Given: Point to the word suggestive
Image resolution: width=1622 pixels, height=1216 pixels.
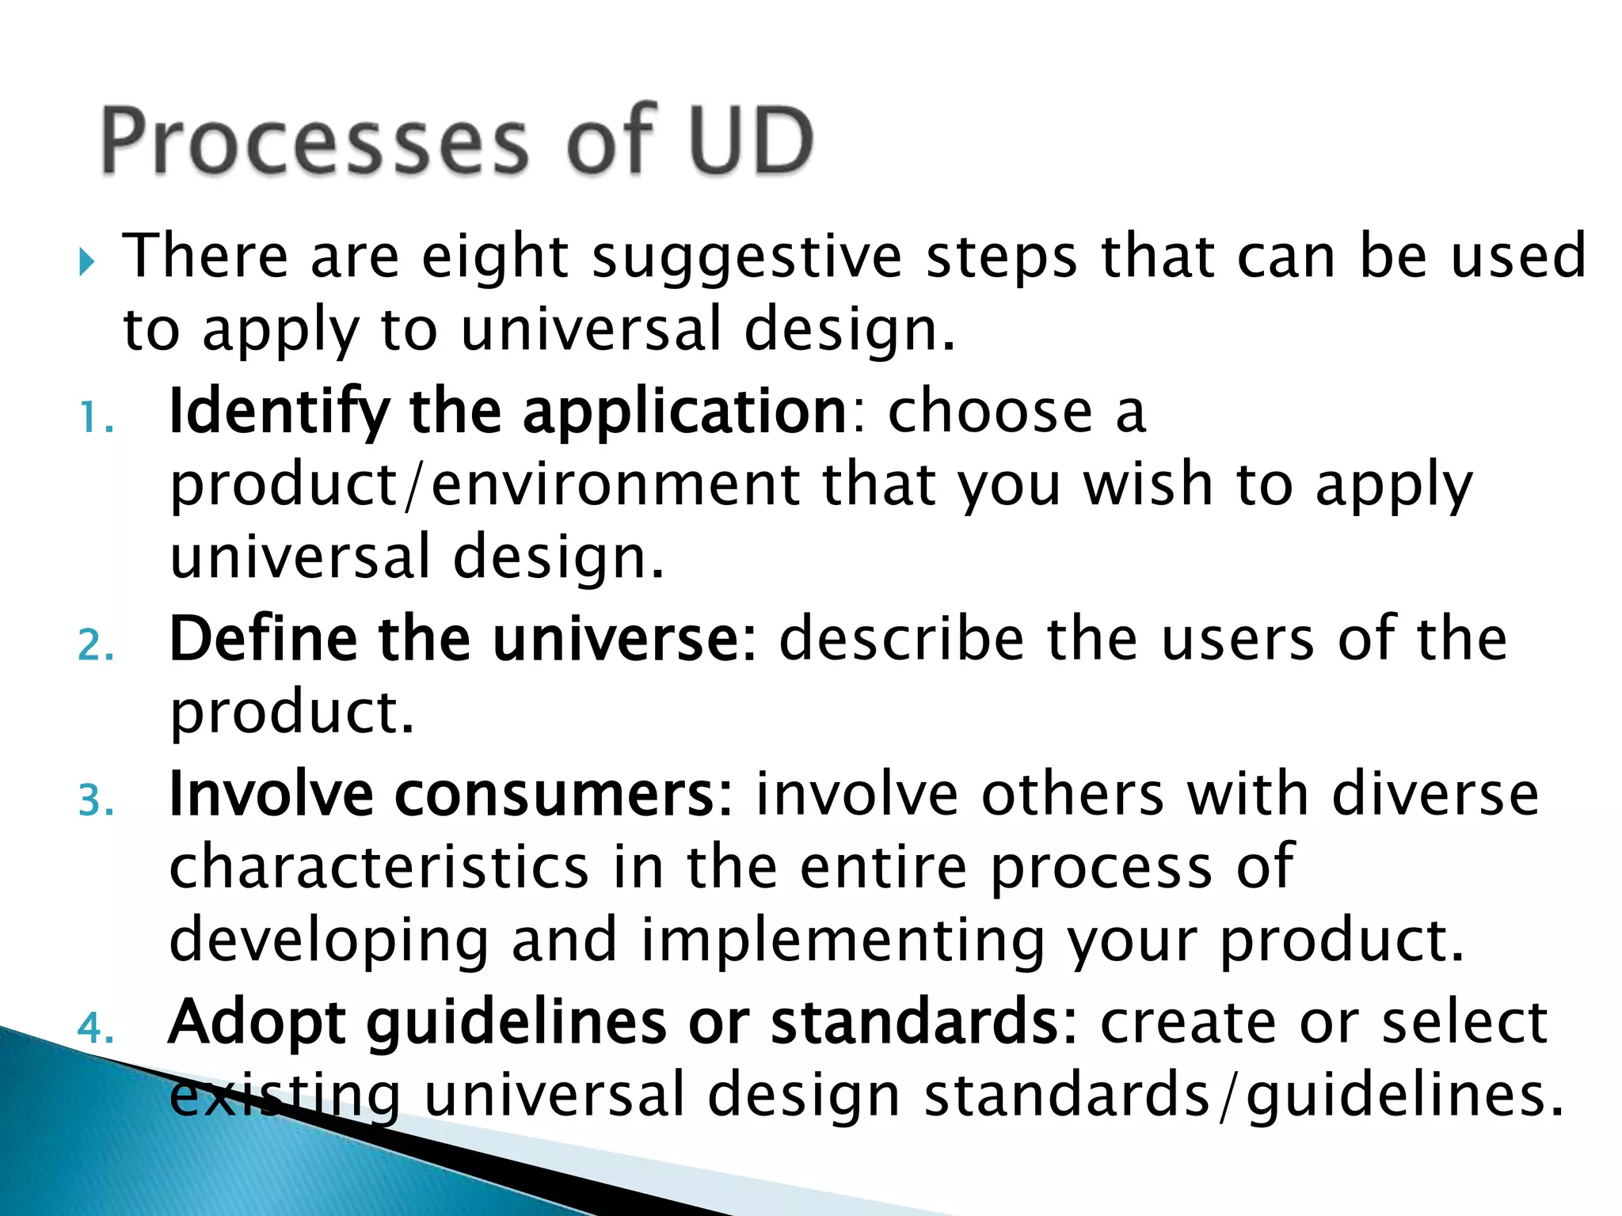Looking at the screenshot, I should click(747, 257).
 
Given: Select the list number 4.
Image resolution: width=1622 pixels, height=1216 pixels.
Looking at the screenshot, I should click(95, 1028).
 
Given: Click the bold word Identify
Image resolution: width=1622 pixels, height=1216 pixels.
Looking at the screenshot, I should click(279, 412).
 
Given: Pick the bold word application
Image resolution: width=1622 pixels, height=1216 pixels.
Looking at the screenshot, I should click(685, 412).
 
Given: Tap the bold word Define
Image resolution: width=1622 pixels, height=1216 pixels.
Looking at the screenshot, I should click(263, 639).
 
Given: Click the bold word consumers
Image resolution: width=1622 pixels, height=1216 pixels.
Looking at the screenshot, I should click(564, 794).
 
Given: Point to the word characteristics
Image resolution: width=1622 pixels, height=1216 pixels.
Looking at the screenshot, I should click(379, 867).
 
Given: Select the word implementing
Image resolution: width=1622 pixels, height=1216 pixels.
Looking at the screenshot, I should click(843, 940).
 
